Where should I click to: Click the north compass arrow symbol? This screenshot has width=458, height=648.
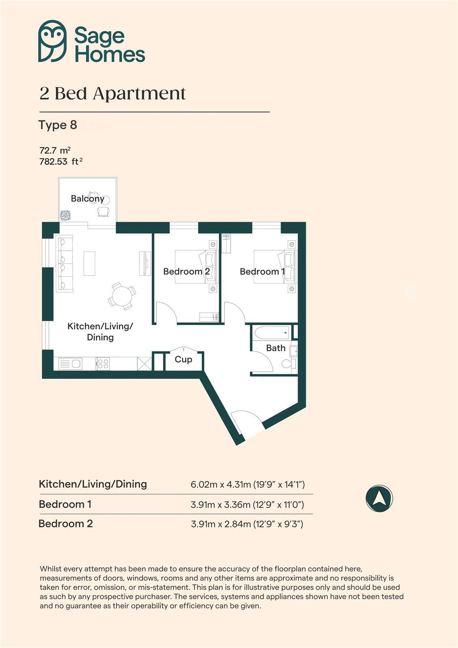(379, 499)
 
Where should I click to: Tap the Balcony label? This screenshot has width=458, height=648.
(87, 198)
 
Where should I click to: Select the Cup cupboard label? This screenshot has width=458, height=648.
(183, 359)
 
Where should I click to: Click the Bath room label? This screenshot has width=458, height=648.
(276, 348)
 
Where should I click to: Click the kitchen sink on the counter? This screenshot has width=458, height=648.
(71, 363)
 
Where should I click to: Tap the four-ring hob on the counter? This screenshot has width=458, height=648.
(103, 363)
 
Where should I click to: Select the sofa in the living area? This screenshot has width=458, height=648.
(65, 264)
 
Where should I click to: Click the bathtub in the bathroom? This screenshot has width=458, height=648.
(272, 333)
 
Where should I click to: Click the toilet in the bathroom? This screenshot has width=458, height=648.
(289, 364)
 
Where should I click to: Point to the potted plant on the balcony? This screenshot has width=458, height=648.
(65, 215)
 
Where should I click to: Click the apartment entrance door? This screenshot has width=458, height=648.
(248, 425)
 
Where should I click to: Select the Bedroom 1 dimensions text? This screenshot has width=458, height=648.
(247, 504)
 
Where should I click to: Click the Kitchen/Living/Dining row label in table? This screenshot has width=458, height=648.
(93, 484)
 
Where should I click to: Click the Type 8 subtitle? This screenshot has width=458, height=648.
(58, 125)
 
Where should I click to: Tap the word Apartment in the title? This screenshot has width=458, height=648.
(139, 94)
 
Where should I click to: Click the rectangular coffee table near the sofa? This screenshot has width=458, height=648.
(89, 263)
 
